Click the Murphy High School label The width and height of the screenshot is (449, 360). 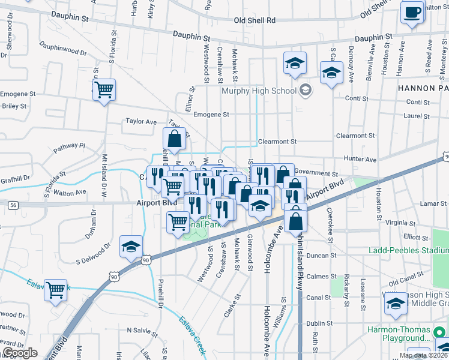(x=259, y=91)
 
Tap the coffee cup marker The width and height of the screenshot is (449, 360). (x=412, y=13)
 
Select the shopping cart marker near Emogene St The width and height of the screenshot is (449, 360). (x=104, y=91)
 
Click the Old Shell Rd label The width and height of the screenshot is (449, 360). (x=255, y=20)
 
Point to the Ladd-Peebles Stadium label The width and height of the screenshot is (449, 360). (x=412, y=250)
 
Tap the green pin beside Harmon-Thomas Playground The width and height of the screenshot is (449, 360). (x=439, y=331)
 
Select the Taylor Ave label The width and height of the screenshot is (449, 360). (x=141, y=121)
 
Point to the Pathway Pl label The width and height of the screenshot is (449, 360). (x=70, y=146)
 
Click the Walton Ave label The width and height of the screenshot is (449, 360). (x=70, y=193)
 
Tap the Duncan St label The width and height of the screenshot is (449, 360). (x=324, y=256)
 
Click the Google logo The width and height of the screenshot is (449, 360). (x=20, y=353)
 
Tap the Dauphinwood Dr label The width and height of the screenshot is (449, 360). (x=63, y=49)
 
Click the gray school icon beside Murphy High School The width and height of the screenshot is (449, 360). (x=306, y=91)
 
